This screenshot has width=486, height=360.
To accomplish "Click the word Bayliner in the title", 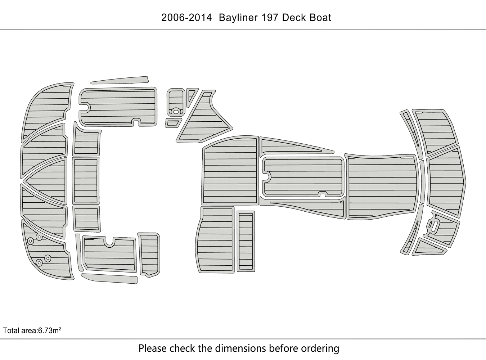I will (236, 18).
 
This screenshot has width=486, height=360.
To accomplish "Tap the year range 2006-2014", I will (186, 18).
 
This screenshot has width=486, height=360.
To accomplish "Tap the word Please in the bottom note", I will (153, 348).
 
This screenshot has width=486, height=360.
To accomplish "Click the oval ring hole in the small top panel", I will (175, 111).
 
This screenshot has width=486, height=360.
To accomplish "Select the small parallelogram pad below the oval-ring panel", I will (173, 123).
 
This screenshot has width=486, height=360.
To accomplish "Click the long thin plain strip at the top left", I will (120, 80).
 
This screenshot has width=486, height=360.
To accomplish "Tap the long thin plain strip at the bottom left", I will (110, 278).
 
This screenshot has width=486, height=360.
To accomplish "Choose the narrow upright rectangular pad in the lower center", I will (246, 241).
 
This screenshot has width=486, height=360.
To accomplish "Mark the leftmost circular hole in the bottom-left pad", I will (31, 240).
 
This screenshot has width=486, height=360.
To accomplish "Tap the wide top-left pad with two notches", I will (118, 107).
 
